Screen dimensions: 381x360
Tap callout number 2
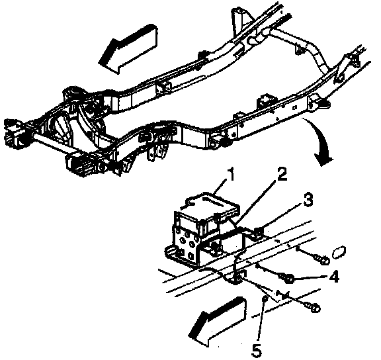282,174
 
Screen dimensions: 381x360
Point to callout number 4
335,277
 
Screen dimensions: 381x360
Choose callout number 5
257,351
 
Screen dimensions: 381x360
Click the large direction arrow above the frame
128,48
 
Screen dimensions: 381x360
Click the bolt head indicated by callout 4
289,279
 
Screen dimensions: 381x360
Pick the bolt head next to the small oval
324,261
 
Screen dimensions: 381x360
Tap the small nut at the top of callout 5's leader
265,298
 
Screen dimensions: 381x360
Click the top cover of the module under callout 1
207,204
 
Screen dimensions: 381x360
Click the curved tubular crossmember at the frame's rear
304,48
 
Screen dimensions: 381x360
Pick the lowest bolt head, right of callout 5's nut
315,308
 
